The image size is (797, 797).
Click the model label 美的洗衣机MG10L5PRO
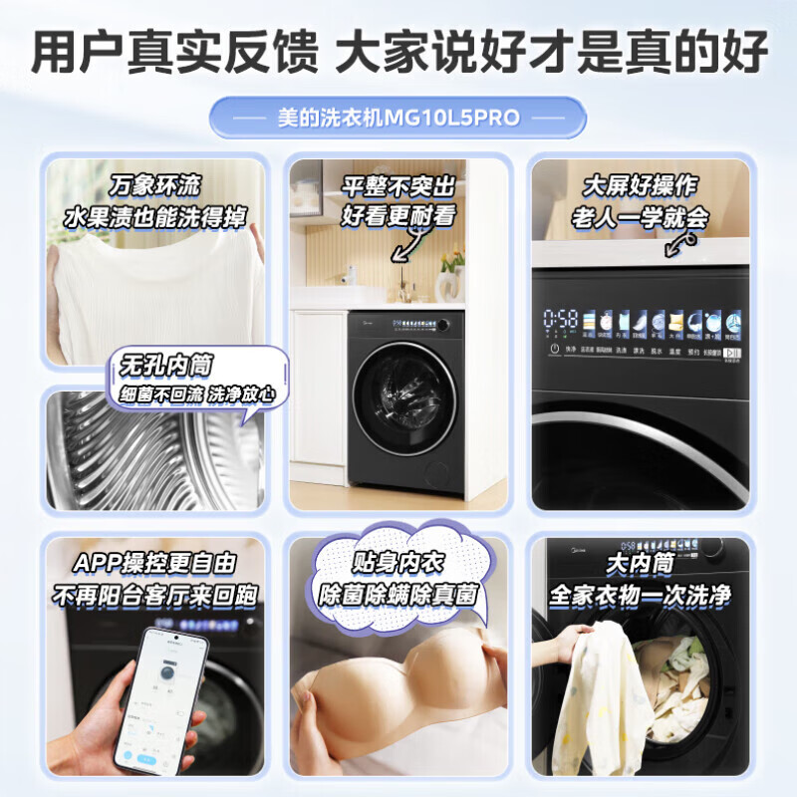(x=398, y=118)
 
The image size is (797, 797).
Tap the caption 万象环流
(x=154, y=185)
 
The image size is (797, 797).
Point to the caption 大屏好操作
(x=640, y=185)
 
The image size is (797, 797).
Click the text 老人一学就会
(x=640, y=217)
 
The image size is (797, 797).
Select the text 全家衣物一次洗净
(x=640, y=596)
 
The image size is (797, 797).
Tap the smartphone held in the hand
(x=159, y=697)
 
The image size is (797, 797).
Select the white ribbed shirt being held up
(x=149, y=289)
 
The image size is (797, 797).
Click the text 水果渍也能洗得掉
(x=154, y=217)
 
